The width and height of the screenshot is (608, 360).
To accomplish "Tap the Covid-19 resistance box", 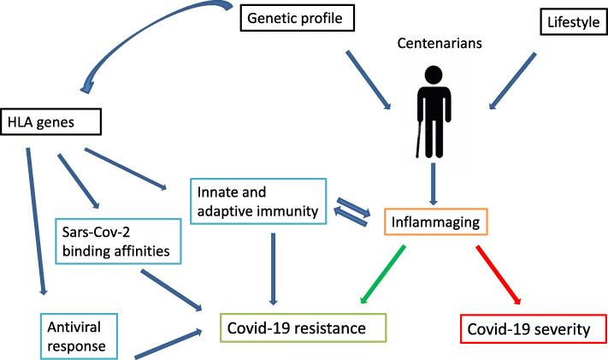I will (303, 328).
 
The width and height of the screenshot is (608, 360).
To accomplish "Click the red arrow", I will (494, 274).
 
